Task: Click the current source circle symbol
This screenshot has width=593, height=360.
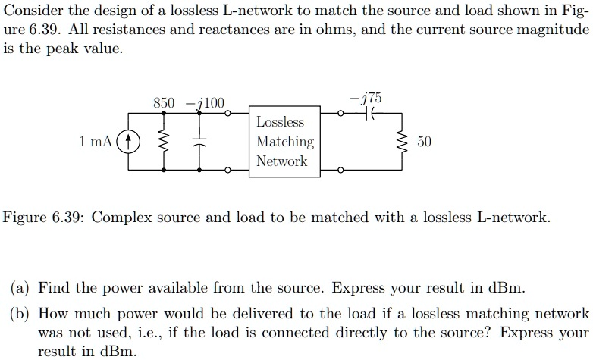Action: (130, 142)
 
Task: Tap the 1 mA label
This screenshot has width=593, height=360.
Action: (95, 142)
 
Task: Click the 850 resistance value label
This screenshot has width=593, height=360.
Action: (164, 103)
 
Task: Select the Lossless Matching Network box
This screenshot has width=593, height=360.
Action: (284, 142)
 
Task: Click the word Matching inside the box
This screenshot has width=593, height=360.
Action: (284, 142)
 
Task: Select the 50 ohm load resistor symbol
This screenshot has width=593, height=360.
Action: (403, 142)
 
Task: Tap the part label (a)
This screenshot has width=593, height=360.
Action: (20, 288)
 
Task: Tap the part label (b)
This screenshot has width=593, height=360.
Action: (20, 313)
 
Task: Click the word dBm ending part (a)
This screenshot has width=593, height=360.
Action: (504, 288)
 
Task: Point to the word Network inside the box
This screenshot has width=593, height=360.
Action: (282, 161)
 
